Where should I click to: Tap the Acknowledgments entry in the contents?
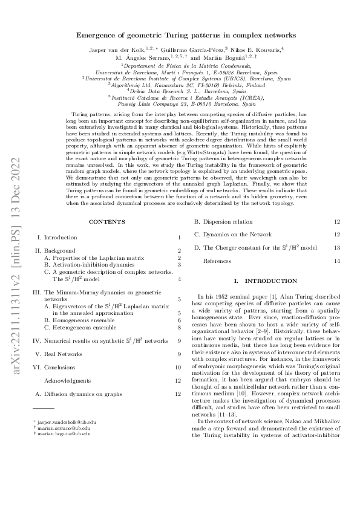click(x=68, y=381)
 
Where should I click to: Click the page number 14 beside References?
click(x=337, y=261)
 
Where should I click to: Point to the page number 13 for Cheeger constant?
click(x=337, y=248)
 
